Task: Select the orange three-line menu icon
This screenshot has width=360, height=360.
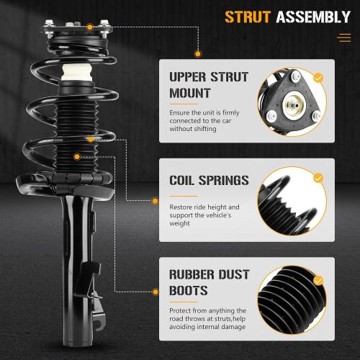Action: pos(344,37)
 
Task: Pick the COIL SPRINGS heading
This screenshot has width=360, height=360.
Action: pos(210,181)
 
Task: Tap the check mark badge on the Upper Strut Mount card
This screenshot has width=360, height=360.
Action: pos(318,77)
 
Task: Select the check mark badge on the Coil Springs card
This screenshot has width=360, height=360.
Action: pos(318,177)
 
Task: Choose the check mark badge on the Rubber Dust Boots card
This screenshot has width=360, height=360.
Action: pos(318,277)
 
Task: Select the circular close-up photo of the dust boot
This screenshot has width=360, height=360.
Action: pos(291,303)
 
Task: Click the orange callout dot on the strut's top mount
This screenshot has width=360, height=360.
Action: pos(89,27)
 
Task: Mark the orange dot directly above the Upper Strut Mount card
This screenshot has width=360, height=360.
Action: pos(196,53)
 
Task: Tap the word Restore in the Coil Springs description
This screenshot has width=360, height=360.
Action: pos(182,207)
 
